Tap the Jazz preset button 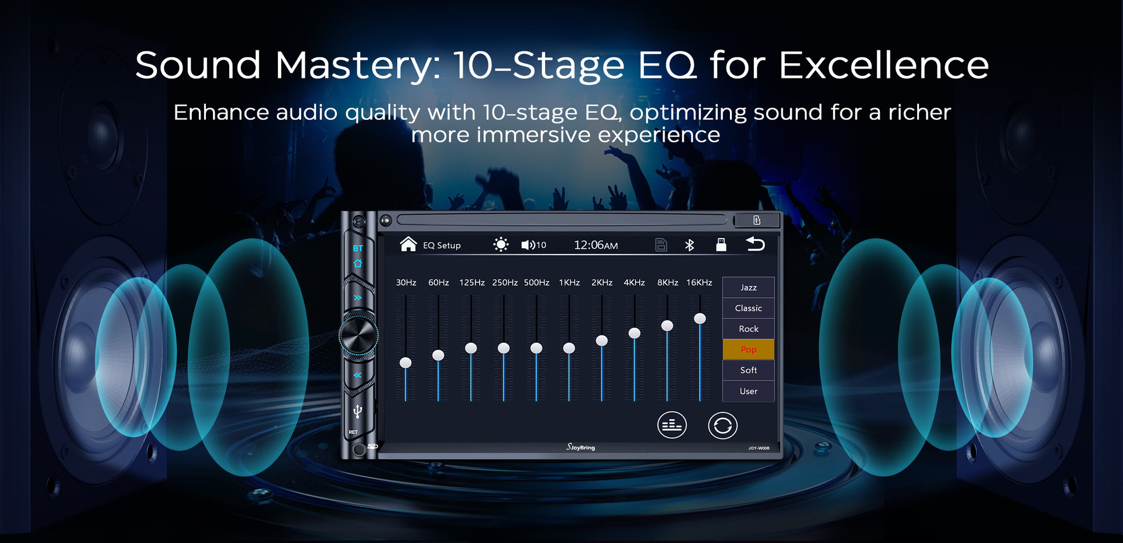pyautogui.click(x=748, y=287)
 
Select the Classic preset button pyautogui.click(x=748, y=308)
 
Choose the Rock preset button pyautogui.click(x=748, y=329)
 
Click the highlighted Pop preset pyautogui.click(x=748, y=349)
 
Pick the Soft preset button pyautogui.click(x=748, y=370)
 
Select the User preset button pyautogui.click(x=748, y=391)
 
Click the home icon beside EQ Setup pyautogui.click(x=408, y=244)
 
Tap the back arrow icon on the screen pyautogui.click(x=755, y=244)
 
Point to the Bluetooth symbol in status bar pyautogui.click(x=690, y=245)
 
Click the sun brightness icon pyautogui.click(x=501, y=245)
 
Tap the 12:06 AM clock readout pyautogui.click(x=595, y=245)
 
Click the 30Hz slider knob pyautogui.click(x=405, y=363)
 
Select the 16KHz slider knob pyautogui.click(x=700, y=318)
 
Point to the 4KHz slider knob pyautogui.click(x=634, y=333)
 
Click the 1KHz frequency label pyautogui.click(x=569, y=283)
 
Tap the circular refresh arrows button pyautogui.click(x=722, y=425)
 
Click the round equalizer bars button pyautogui.click(x=671, y=425)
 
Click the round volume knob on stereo pyautogui.click(x=359, y=335)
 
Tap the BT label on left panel pyautogui.click(x=358, y=248)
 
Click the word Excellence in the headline pyautogui.click(x=884, y=65)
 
